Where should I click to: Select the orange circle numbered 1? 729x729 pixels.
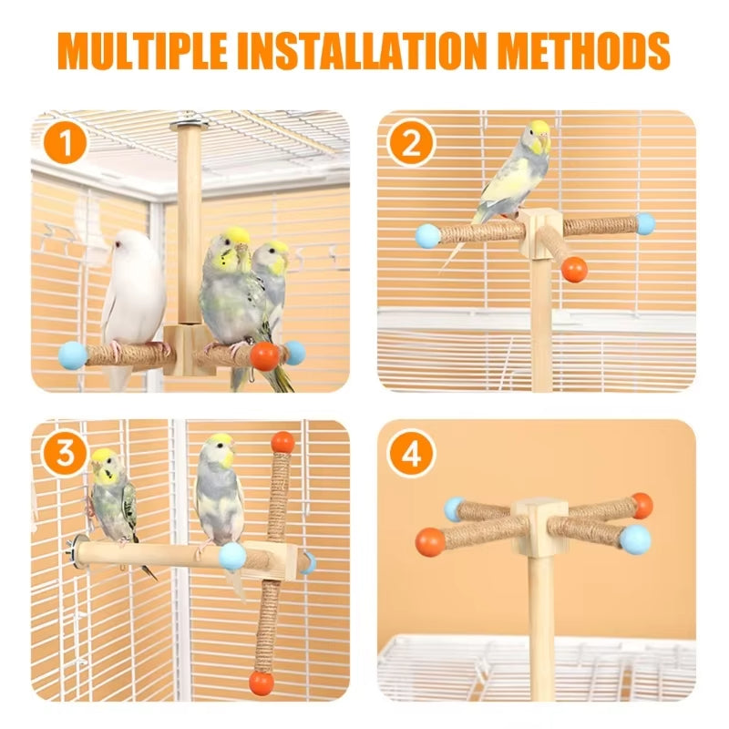66,143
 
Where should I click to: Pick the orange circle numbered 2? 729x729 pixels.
411,143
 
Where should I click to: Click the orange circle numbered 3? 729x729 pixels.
65,452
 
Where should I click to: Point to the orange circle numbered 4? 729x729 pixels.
411,454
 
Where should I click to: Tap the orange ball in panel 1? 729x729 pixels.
264,356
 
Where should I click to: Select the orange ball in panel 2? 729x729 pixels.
574,270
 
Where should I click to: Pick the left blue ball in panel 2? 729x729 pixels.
428,236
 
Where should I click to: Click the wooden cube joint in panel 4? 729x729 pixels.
539,528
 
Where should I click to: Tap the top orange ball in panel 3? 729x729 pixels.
282,443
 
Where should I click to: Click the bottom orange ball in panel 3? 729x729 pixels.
262,683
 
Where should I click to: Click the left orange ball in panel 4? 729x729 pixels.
430,541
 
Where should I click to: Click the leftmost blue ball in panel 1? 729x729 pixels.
73,355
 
